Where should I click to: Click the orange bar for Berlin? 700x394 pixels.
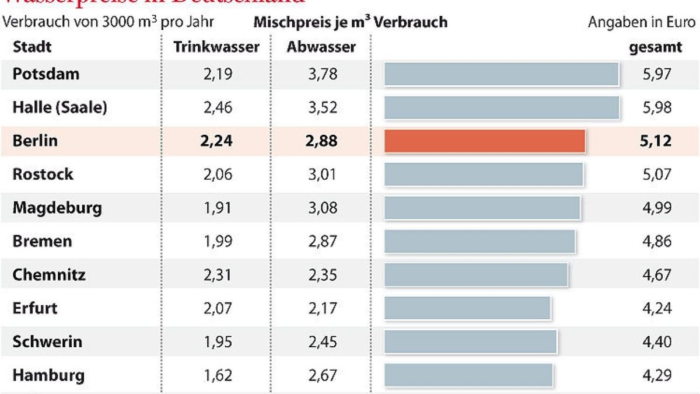(484, 141)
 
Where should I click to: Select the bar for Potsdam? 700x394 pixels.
(501, 74)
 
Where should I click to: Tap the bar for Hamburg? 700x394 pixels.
(468, 375)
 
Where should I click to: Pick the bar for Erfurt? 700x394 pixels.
(467, 308)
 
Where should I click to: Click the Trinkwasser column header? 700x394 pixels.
(216, 47)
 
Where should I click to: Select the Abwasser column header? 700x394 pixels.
(321, 47)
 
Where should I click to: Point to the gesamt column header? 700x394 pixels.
(655, 47)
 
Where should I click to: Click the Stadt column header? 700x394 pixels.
(32, 47)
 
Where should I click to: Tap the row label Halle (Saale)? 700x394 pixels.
(60, 107)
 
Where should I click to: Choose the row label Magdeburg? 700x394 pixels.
(57, 208)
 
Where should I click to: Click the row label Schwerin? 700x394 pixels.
(47, 341)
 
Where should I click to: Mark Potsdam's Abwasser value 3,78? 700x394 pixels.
(321, 74)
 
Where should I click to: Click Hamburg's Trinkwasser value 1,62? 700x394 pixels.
(216, 375)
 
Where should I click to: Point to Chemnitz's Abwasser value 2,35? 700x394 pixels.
(321, 274)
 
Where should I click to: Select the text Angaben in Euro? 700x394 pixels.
(642, 22)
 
